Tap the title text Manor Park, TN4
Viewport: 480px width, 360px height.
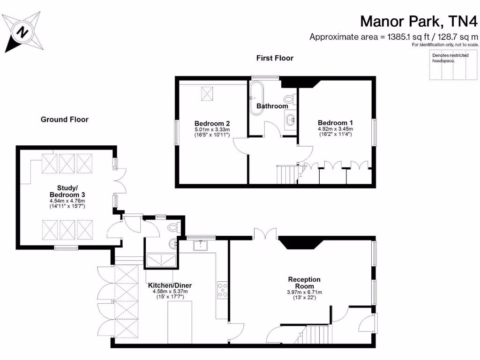coord(419,21)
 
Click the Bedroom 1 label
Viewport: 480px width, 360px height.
coord(335,123)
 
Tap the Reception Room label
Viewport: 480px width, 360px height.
coord(304,283)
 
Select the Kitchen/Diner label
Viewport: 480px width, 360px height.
coord(170,285)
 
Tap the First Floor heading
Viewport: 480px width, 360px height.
coord(275,58)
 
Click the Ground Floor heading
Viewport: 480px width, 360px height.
coord(64,120)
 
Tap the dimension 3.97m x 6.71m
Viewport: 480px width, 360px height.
coord(304,292)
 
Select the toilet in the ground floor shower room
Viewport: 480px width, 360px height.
coord(173,228)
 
